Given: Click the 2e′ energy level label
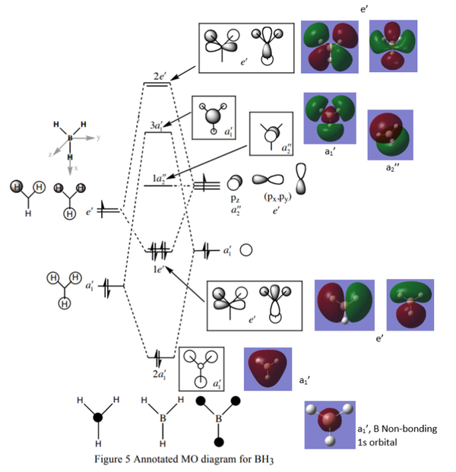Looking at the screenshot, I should [x=157, y=78].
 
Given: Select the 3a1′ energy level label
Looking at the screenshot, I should [x=157, y=125].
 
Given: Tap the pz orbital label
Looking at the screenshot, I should [x=236, y=196].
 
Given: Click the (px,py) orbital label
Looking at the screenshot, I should [x=278, y=196].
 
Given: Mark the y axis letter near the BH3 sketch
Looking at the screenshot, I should [x=99, y=138].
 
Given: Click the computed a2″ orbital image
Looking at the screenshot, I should [x=390, y=135].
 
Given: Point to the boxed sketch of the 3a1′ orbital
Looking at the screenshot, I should [x=215, y=117].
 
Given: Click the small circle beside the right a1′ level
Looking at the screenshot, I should [x=246, y=249].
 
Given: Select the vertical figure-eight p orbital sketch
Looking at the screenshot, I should [x=302, y=179].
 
